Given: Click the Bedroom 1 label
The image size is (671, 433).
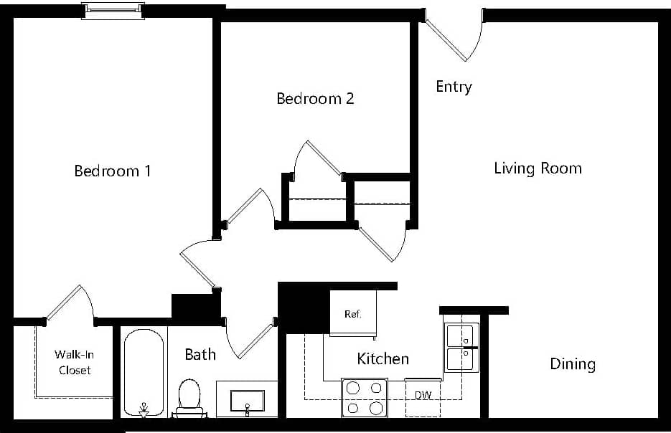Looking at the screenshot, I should pos(113,171).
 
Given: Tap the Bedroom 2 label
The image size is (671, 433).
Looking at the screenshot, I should pos(315,98).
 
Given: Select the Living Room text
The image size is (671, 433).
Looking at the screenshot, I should pos(538,168).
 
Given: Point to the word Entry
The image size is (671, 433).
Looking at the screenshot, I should pos(454,87).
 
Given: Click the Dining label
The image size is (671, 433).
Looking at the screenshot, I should pos(572,364).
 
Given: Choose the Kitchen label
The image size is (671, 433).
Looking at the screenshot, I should pos(383,358).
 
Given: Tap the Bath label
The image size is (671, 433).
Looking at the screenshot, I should pos(200,354).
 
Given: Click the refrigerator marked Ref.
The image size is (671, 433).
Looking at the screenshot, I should pos(352,313).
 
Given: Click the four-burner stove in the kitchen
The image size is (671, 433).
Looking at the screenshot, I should pos(364,398).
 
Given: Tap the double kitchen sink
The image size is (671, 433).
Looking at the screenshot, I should pos(461,347).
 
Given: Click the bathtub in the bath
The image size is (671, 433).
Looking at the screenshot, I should pos(143,371).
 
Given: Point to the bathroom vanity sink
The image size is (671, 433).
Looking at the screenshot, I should pos(247,401).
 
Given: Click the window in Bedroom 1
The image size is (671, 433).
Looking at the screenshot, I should pos(113,11).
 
